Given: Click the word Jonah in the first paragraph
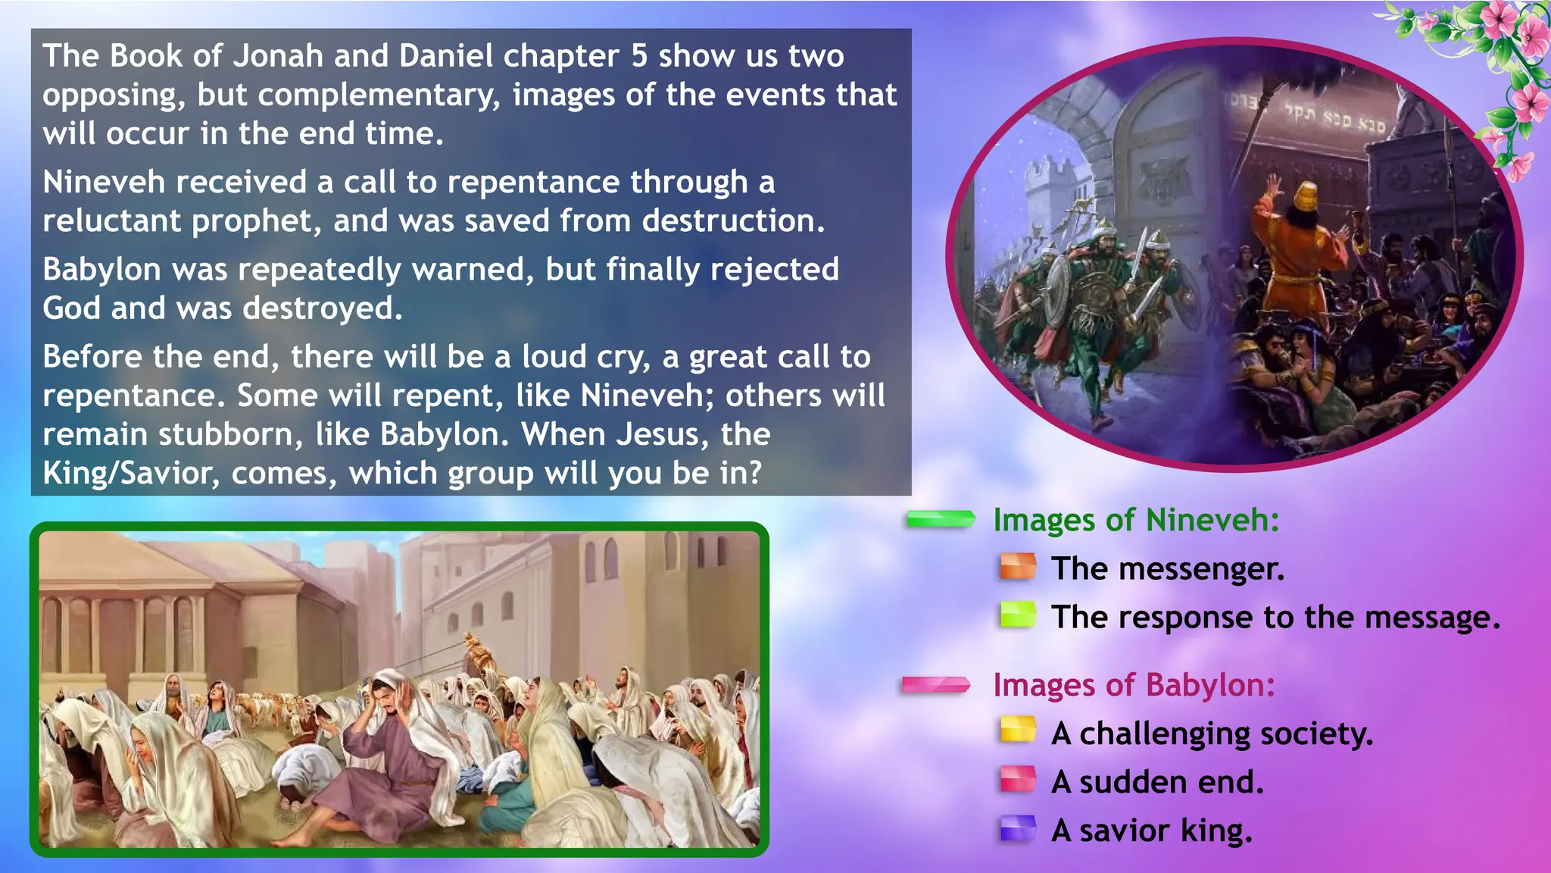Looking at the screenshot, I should coord(278,56).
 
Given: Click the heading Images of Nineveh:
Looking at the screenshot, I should coord(1136,521).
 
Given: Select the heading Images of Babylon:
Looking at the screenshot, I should coord(1134,685).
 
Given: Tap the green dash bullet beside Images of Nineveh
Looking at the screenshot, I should coord(941,519).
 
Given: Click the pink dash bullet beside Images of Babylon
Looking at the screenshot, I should coord(936,685).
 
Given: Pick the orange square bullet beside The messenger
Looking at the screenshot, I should coord(1017,568).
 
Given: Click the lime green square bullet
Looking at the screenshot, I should coord(1017,615).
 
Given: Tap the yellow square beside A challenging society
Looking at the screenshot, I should coord(1017,731).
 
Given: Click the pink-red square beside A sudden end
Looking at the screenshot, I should coord(1017,780).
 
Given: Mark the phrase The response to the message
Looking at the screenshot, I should coord(1275,618).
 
